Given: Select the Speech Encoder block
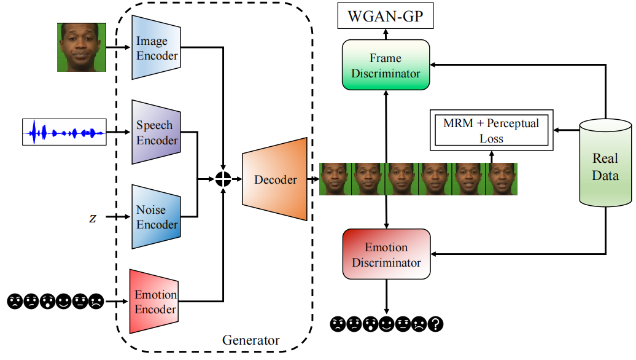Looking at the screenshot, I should [156, 132].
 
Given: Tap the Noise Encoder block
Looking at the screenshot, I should [156, 217].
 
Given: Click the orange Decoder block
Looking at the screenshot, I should [275, 179].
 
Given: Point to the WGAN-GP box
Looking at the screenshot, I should [386, 16].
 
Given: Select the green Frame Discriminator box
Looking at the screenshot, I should [386, 66].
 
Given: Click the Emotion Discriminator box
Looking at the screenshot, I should [386, 255].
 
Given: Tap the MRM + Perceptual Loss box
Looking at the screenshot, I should [491, 130].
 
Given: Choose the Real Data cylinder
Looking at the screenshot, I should [605, 166].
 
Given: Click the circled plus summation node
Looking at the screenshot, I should [223, 179].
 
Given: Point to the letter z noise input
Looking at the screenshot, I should [93, 218].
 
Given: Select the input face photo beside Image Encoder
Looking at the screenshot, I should [82, 47].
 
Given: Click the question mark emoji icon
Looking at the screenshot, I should [436, 324].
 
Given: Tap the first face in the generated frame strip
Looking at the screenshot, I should [335, 179].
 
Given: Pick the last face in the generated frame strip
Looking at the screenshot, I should [501, 179].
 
